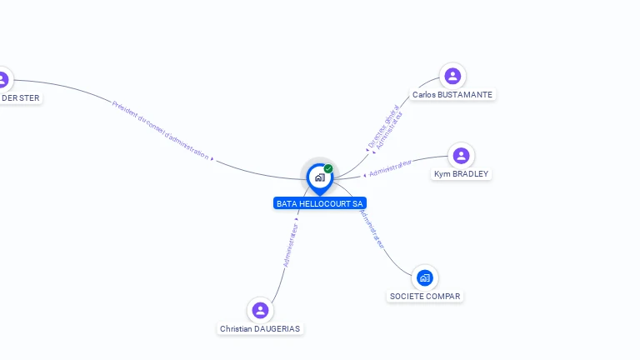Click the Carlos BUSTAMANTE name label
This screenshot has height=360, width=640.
452,95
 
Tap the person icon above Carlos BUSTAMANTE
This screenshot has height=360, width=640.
452,77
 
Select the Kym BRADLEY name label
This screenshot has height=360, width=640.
462,174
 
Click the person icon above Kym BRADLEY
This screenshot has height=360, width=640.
462,156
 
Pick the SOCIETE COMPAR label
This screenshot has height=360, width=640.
425,296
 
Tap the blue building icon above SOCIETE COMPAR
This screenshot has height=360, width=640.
425,277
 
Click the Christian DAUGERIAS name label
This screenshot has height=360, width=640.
260,329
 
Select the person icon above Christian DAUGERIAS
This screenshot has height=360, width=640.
260,310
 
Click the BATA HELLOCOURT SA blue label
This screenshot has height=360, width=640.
320,203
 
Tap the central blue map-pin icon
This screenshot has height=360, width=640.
319,177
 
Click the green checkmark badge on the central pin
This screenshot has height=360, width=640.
328,168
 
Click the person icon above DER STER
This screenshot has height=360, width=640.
2,80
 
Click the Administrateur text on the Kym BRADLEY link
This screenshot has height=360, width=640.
390,168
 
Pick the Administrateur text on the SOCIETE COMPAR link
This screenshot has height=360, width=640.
372,227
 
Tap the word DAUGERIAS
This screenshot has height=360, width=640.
277,329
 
